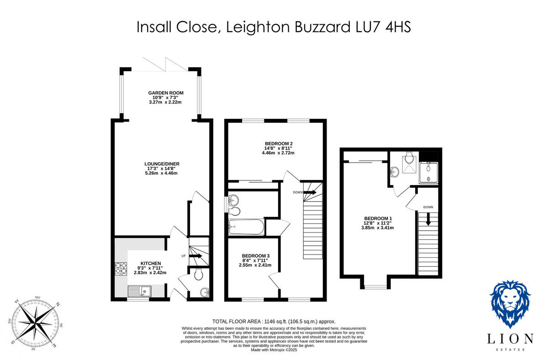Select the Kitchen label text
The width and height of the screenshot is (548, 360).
click(x=150, y=264)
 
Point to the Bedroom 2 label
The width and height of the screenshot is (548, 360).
click(x=278, y=143)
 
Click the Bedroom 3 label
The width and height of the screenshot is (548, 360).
click(x=255, y=255)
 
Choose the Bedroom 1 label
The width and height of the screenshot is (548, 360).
click(x=378, y=218)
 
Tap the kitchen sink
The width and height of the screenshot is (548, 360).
click(x=139, y=291)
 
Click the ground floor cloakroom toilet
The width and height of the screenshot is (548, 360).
click(x=198, y=275)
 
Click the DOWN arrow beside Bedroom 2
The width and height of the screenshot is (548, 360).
click(x=310, y=192)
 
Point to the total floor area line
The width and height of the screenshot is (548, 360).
click(x=274, y=322)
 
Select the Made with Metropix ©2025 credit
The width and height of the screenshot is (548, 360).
click(x=274, y=350)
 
